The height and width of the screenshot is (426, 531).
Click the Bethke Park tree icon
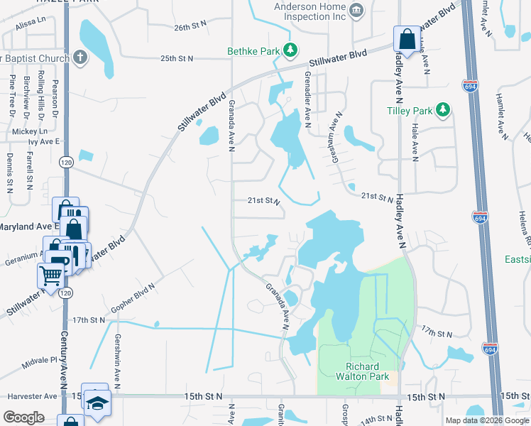pos(290,50)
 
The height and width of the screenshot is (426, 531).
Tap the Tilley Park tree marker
pos(443,110)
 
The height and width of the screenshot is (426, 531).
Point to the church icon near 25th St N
pos(80,57)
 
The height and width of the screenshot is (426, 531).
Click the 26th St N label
pos(190,27)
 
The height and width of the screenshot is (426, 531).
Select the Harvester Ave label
pos(31,396)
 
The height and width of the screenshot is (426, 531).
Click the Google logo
pos(23,417)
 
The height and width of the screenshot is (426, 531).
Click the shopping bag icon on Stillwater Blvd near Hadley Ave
pos(407,40)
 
